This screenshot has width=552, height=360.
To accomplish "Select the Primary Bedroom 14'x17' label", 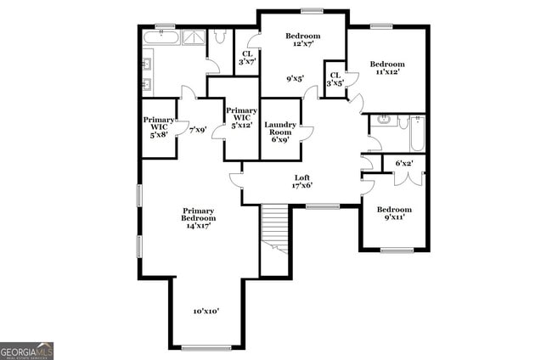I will (197, 217).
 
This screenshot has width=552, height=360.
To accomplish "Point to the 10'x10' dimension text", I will (206, 312).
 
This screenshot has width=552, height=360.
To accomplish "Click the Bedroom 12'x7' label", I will (302, 39).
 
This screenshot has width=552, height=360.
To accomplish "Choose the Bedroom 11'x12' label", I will (386, 68).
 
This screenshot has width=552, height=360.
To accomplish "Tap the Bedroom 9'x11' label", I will (394, 213).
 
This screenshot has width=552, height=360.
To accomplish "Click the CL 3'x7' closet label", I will (247, 57).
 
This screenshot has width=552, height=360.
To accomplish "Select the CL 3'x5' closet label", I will (335, 79).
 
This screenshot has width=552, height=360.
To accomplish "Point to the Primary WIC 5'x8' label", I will (158, 127).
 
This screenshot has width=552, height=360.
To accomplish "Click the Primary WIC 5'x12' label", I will (241, 118).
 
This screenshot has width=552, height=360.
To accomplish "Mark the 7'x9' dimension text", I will (197, 130).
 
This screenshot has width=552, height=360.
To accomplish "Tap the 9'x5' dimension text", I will (295, 79).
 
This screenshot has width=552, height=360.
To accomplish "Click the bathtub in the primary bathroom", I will (160, 37).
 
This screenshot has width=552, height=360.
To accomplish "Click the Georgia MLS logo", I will (27, 351).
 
